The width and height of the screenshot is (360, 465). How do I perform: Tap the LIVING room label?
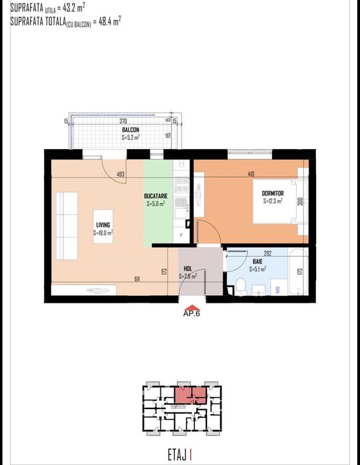coord(102,225)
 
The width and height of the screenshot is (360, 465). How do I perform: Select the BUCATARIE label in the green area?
coord(159,196)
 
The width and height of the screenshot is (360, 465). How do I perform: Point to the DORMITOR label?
coord(273,192)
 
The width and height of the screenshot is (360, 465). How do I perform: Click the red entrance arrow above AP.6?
coord(192,307)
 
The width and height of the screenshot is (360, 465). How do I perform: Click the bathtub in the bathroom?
coord(293,271)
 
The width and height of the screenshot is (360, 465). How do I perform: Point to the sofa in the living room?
coord(67,226)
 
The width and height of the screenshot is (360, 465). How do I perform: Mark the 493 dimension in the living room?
coord(120,175)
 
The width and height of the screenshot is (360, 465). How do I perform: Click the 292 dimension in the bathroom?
coord(268,253)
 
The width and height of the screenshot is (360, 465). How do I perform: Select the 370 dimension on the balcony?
coord(123,122)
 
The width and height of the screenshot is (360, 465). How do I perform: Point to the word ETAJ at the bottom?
coord(176,456)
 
